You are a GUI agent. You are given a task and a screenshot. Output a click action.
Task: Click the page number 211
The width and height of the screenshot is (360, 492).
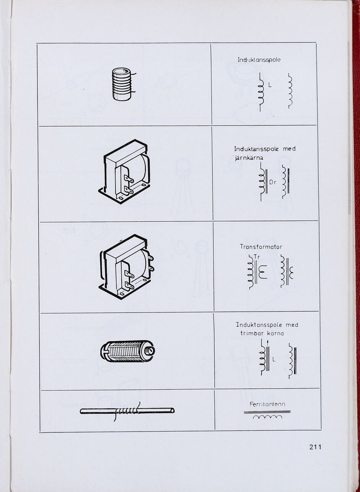(315, 447)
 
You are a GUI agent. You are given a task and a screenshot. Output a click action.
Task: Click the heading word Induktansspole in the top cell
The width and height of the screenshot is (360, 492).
(259, 60)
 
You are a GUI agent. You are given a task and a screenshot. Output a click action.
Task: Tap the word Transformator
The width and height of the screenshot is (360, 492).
(261, 247)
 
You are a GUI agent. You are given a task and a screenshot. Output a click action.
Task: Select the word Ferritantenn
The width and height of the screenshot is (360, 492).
(267, 404)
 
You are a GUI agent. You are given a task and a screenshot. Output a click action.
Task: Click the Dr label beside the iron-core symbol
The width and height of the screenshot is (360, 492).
(272, 182)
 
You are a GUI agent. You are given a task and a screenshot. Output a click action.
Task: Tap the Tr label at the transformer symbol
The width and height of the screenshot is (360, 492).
(257, 257)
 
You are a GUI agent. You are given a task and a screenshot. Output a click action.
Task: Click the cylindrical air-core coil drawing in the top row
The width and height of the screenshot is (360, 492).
(122, 84)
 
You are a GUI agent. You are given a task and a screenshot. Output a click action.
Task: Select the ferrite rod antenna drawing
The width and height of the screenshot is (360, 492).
(127, 411)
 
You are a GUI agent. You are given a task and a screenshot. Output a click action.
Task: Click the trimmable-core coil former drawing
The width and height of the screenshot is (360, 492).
(127, 351)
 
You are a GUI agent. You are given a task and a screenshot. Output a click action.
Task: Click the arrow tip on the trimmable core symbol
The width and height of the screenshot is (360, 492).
(268, 341)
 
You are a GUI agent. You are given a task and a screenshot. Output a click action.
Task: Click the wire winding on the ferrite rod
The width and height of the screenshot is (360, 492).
(126, 411)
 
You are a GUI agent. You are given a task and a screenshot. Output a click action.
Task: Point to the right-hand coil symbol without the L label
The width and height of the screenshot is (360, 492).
(290, 91)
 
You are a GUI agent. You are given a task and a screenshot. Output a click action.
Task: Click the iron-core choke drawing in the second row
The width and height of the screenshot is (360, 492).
(125, 171)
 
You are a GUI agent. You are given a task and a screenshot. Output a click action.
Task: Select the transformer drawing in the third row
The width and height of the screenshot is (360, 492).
(126, 266)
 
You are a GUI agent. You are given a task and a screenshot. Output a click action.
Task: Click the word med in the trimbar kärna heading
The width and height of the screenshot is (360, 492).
(292, 325)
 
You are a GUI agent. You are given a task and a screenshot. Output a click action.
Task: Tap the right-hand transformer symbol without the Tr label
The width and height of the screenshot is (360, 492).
(287, 271)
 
